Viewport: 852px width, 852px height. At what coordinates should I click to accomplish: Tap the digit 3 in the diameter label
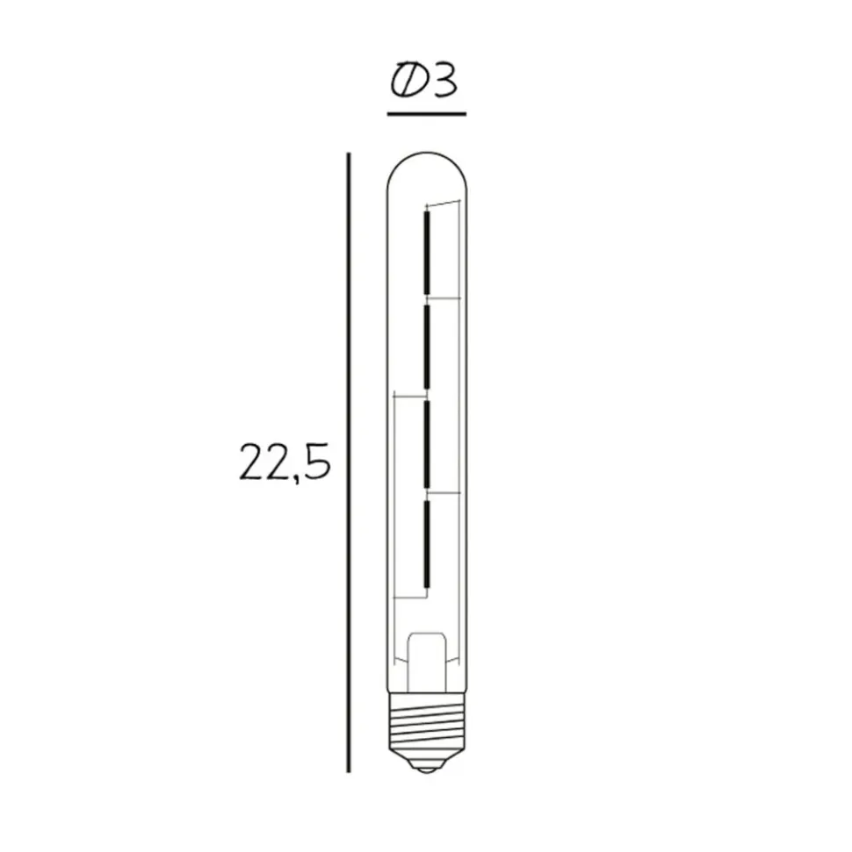click(443, 82)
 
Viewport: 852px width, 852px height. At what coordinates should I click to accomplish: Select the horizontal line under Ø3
click(427, 114)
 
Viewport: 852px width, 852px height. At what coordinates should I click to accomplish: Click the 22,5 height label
click(285, 462)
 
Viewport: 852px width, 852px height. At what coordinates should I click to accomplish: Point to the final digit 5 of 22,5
click(318, 462)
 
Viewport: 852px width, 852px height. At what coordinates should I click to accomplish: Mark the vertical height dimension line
click(349, 462)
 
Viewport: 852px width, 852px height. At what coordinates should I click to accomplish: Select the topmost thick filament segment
click(428, 253)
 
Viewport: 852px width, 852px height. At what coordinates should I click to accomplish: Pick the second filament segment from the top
click(428, 347)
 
